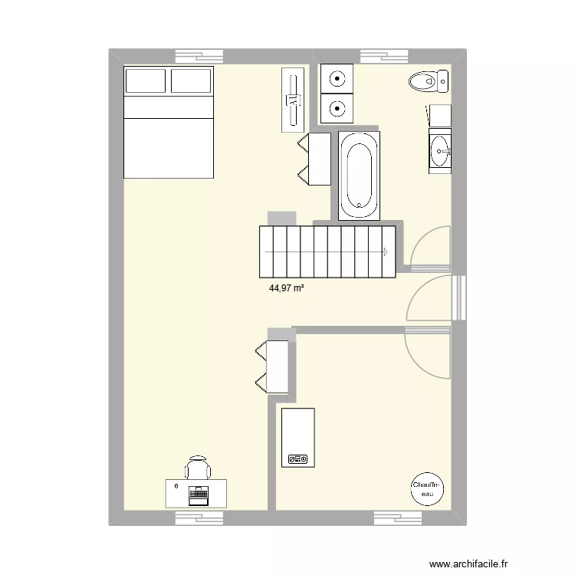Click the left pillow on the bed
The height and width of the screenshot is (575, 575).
[x=146, y=80]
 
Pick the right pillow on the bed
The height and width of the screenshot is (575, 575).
[x=190, y=80]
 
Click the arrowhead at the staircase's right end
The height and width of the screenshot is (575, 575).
[x=385, y=251]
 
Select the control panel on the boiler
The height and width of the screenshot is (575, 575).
[x=297, y=459]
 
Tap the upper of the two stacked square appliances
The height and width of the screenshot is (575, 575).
[x=336, y=77]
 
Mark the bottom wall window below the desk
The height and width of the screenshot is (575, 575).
[x=199, y=518]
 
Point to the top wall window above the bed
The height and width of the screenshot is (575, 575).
[x=199, y=56]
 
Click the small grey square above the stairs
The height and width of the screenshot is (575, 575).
[x=281, y=218]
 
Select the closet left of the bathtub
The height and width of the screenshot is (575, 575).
[x=314, y=159]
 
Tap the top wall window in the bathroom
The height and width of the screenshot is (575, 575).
[x=384, y=56]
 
